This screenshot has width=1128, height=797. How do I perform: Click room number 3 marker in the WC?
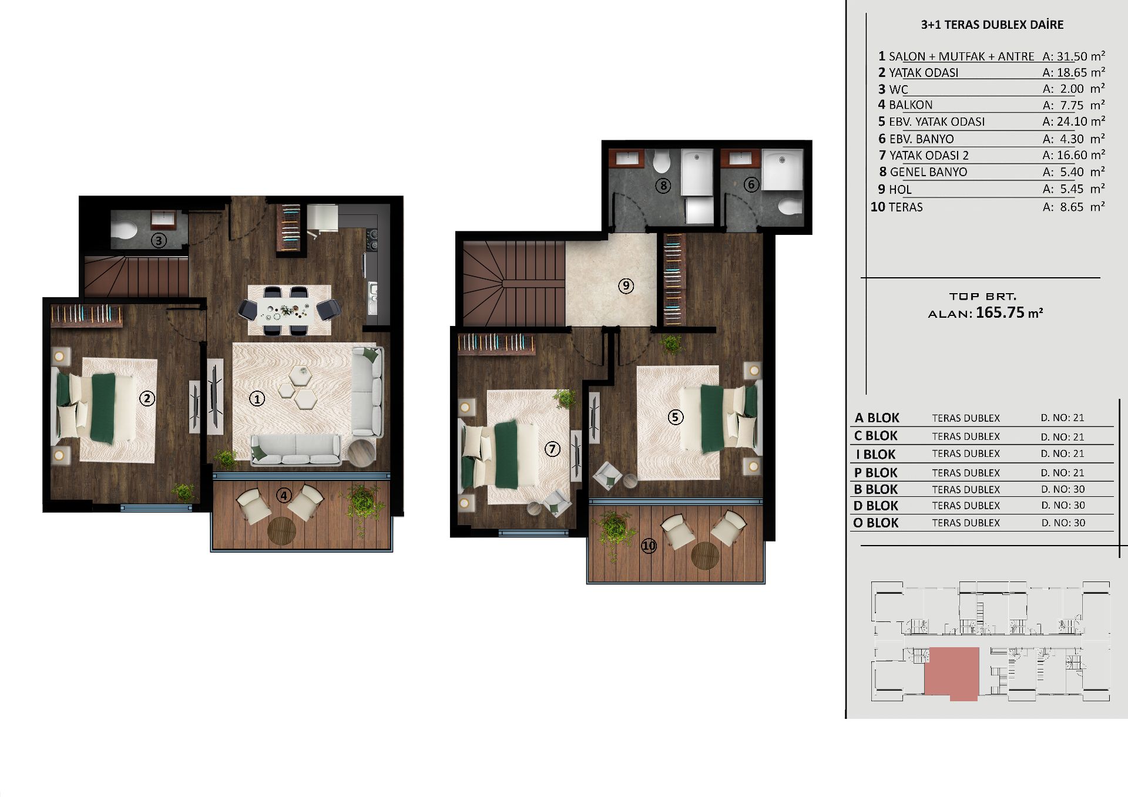click(x=158, y=240)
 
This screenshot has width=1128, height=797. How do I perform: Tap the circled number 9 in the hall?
click(x=626, y=286)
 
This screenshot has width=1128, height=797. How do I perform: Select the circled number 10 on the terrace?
click(x=649, y=546)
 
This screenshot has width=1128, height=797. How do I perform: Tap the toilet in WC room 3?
click(x=124, y=230)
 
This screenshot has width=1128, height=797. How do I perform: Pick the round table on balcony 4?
click(x=281, y=530)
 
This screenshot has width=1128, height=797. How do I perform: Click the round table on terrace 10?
click(x=705, y=556)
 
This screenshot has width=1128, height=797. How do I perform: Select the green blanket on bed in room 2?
click(x=103, y=408)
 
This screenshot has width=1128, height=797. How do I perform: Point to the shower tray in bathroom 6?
click(x=783, y=169)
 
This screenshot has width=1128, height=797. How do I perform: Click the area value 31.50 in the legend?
click(x=1072, y=56)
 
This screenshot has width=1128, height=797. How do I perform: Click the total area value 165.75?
click(x=1000, y=312)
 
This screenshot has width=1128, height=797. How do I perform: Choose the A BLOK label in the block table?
click(x=877, y=418)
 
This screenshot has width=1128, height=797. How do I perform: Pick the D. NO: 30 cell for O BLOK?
click(x=1063, y=523)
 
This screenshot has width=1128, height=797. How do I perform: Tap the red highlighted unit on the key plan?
click(x=952, y=672)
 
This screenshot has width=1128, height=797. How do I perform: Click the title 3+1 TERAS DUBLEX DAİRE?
click(x=992, y=25)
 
